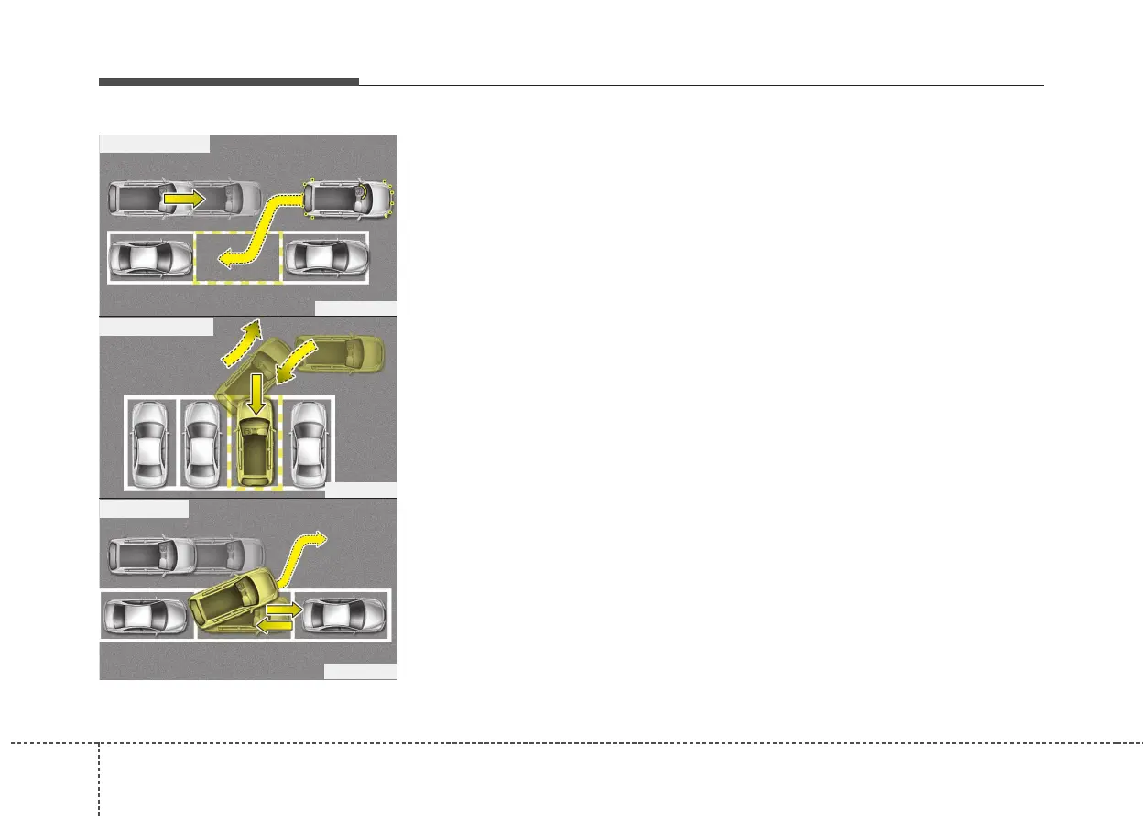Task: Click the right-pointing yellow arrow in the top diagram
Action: click(x=183, y=197)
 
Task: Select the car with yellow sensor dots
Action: click(x=349, y=199)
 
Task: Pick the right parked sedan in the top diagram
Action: click(x=325, y=257)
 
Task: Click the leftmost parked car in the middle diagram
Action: click(x=149, y=443)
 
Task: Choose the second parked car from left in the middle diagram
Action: click(x=201, y=443)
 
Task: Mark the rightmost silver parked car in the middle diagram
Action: click(x=308, y=443)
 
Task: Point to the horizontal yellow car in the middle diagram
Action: click(x=344, y=352)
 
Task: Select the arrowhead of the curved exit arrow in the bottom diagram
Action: click(x=318, y=539)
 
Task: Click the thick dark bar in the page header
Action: click(x=228, y=81)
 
